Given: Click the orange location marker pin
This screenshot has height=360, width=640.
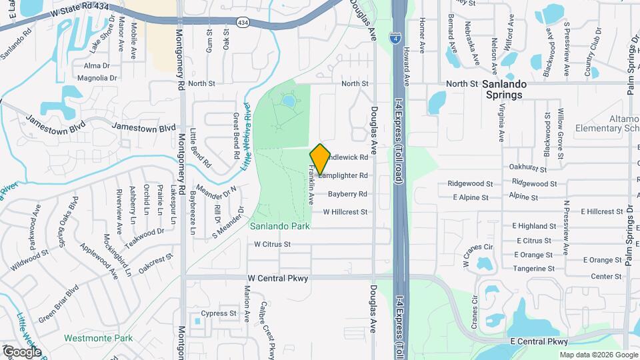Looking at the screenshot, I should [320, 159].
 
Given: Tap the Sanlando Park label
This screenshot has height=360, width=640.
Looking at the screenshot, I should [280, 227].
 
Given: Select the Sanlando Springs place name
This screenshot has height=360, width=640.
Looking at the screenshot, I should [514, 89].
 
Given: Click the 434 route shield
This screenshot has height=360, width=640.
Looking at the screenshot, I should [243, 23].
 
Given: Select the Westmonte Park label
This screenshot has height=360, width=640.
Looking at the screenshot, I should [98, 338].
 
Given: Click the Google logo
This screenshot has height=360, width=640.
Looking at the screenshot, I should [21, 351].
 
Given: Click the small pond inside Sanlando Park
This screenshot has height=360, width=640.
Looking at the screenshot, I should [288, 102].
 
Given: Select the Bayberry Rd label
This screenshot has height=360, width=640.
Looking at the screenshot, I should [347, 195].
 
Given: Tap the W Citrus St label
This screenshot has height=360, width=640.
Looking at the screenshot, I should [273, 245].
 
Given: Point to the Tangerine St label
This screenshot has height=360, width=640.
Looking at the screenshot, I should [533, 269].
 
